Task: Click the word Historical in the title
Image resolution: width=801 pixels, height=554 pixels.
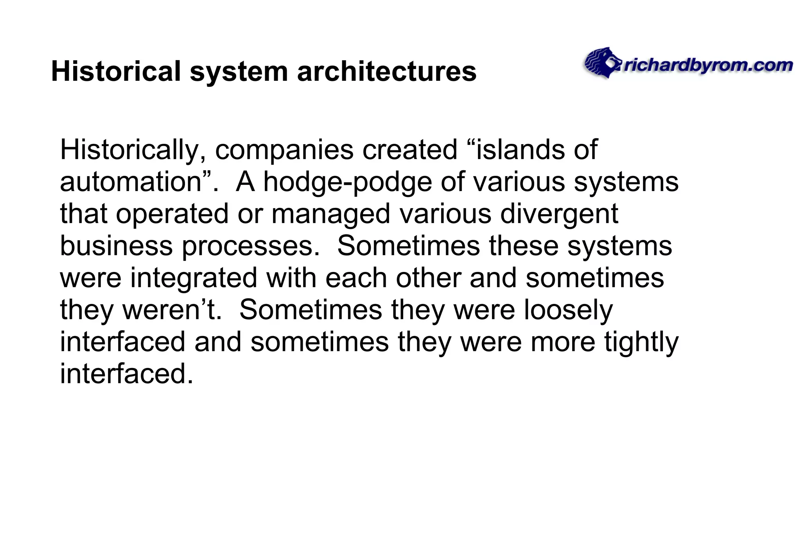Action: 116,71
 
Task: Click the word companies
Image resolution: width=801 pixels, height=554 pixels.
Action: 284,150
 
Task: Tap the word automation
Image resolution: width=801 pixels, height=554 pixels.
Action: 131,182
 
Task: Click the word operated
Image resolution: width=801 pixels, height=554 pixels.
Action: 172,214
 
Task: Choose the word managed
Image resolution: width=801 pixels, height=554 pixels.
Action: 331,214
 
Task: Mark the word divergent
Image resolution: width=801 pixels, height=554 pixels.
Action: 559,214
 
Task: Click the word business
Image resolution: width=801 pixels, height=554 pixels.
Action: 116,246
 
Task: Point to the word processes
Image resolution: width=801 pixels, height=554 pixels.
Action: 251,246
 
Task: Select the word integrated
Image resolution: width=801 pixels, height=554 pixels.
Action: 194,278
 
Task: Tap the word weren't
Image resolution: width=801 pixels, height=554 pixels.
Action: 172,310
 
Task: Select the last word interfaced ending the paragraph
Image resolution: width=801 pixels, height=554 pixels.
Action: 126,374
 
